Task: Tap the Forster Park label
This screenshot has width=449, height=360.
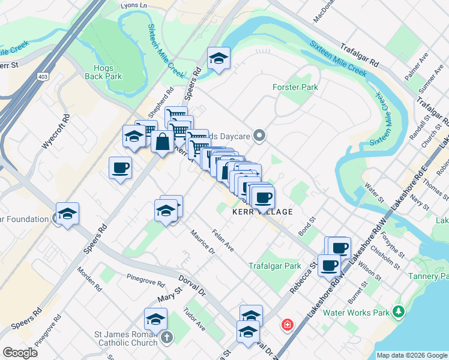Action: (295, 88)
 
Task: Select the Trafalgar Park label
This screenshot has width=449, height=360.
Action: (275, 266)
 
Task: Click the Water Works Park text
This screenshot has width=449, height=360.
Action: (357, 312)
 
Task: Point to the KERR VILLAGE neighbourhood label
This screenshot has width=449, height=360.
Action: (263, 212)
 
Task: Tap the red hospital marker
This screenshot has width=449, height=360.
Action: (288, 325)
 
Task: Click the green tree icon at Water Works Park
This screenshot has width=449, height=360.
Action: (398, 311)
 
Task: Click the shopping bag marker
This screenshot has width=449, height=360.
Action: (163, 142)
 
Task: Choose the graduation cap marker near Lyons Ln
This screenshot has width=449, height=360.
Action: (218, 58)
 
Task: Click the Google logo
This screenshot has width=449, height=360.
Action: (20, 353)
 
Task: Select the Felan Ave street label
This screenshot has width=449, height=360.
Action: (223, 240)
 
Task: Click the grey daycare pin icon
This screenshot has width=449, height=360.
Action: (259, 135)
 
